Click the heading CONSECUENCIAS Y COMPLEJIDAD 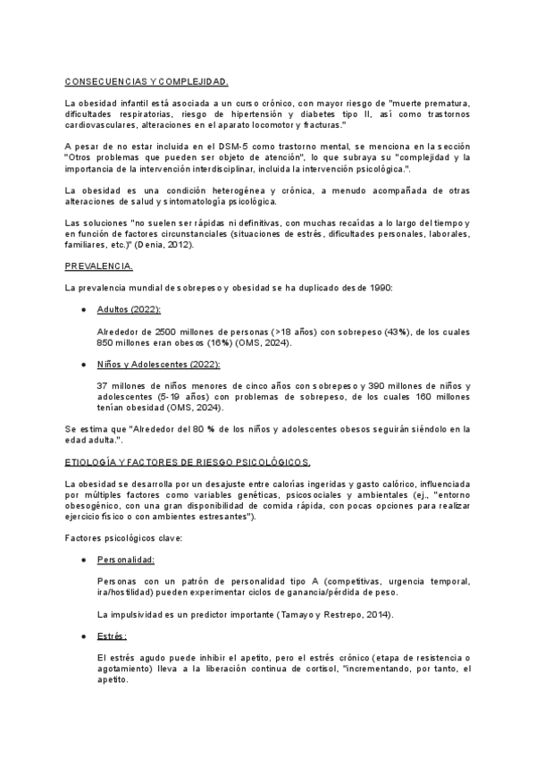click(x=147, y=80)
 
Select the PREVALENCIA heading click(x=99, y=266)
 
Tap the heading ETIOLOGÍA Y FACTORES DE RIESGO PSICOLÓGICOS click(x=188, y=462)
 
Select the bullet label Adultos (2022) click(x=128, y=309)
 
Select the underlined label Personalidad click(x=125, y=560)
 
